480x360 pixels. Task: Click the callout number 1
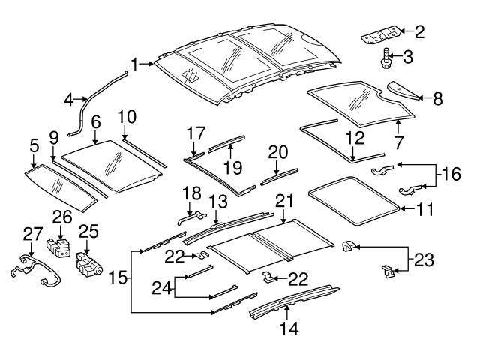pyautogui.click(x=135, y=65)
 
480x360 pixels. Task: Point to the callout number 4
pyautogui.click(x=68, y=97)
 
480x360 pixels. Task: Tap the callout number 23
pyautogui.click(x=424, y=260)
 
